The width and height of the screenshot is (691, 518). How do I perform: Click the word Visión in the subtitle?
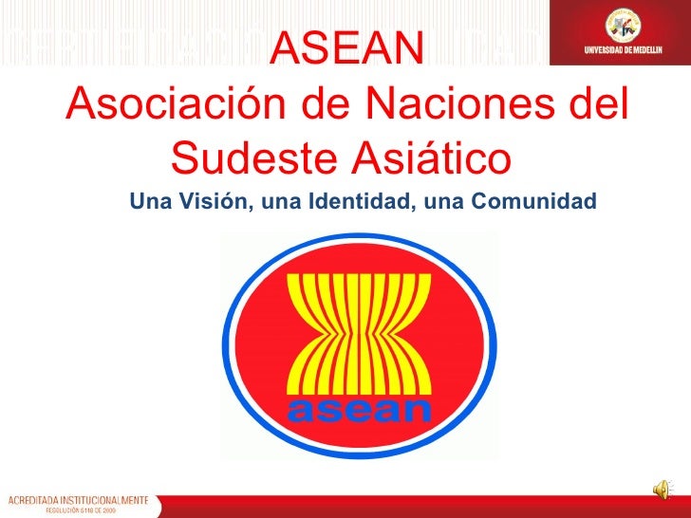coord(208,201)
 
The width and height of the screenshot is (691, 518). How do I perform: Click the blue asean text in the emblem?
coord(359,410)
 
